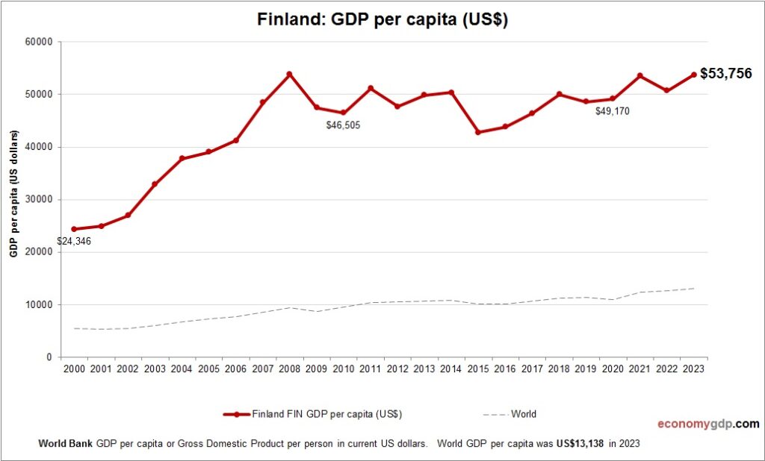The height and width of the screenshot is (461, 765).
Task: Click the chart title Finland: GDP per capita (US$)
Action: coord(382,20)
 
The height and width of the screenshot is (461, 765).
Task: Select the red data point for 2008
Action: coord(289,74)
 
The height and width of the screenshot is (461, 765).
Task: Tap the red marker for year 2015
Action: coord(478,132)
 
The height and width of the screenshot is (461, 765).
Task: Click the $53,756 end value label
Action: coord(725,73)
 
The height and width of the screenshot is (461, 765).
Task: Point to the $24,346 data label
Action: coord(74,242)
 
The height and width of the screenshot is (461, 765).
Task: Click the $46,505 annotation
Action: coord(343,125)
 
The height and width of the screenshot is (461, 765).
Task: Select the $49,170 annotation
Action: coord(613,111)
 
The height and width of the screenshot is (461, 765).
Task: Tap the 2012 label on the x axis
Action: coord(397,369)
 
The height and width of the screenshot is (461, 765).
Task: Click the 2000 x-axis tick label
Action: coord(74,369)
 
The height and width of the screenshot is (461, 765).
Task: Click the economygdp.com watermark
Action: coord(707,424)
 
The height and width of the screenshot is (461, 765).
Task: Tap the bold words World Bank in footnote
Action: coord(65,443)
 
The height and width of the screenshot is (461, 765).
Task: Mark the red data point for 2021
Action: coord(639,75)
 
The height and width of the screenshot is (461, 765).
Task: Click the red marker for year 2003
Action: coord(155,184)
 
